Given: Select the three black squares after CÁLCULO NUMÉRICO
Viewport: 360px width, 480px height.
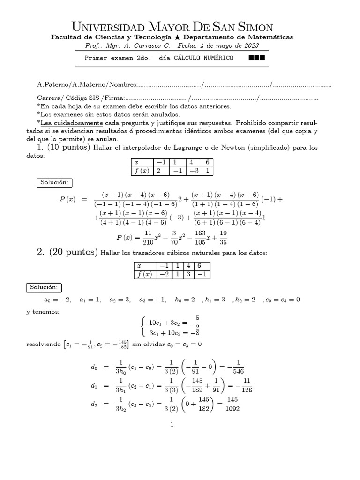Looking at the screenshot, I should pyautogui.click(x=257, y=58).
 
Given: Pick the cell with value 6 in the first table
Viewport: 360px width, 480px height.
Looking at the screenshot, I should pyautogui.click(x=207, y=162).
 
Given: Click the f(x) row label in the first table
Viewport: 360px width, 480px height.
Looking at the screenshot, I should pyautogui.click(x=142, y=171).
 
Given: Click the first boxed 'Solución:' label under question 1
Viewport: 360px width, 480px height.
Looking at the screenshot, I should pyautogui.click(x=54, y=182).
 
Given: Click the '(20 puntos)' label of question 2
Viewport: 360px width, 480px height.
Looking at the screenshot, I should pyautogui.click(x=74, y=253).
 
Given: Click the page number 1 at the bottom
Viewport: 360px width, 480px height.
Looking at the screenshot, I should pyautogui.click(x=172, y=425).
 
